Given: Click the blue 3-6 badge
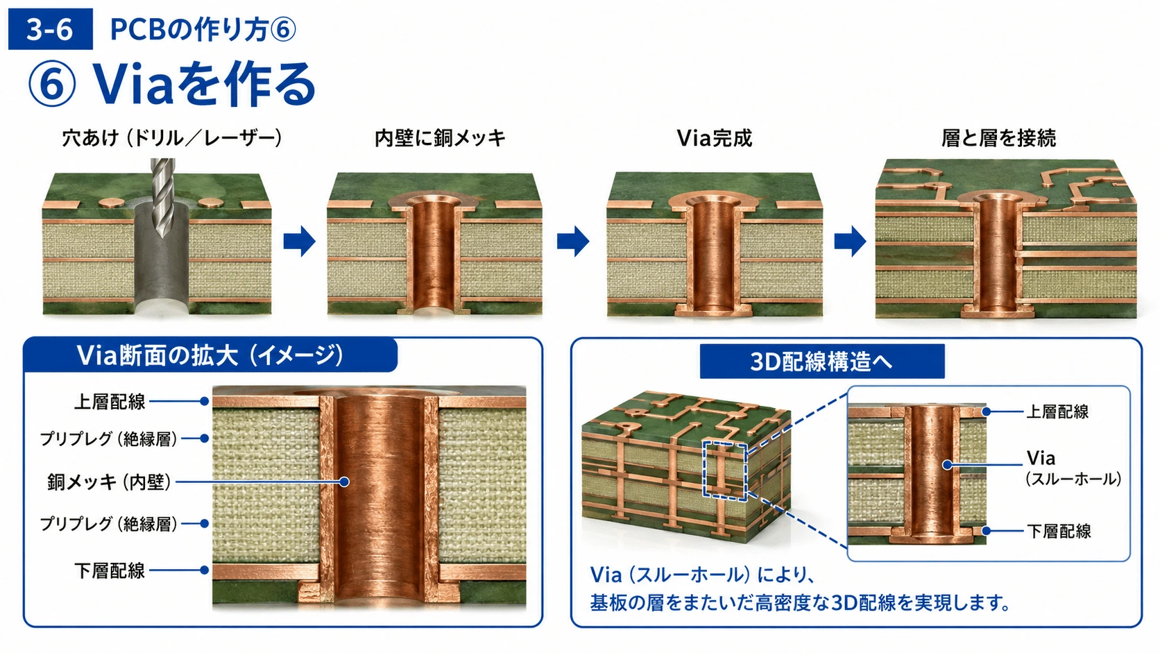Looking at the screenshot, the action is tap(50, 29).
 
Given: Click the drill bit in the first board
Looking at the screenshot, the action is tap(162, 197).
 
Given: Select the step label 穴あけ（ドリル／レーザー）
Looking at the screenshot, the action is tap(172, 138).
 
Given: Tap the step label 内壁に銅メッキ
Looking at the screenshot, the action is tap(440, 138).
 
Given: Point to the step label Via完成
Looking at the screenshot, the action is tap(714, 138).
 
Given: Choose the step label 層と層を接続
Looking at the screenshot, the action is tap(998, 138).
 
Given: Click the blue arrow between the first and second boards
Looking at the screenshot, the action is tap(299, 241).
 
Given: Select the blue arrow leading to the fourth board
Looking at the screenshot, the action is tap(850, 241).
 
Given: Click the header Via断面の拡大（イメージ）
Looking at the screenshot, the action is tap(210, 355).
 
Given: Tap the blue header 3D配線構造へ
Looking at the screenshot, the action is tap(822, 362).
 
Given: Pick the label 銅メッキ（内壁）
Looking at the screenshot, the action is tap(109, 482).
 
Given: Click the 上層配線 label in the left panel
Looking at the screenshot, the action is tap(110, 402).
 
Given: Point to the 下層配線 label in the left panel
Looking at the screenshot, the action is tap(110, 570).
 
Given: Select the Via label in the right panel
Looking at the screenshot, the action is tap(1041, 458).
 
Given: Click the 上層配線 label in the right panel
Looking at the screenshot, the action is tap(1057, 412).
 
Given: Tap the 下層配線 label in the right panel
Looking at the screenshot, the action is tap(1059, 531).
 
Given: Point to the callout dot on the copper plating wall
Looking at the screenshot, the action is tap(344, 482).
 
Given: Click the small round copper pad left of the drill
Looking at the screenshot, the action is tap(111, 203).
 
